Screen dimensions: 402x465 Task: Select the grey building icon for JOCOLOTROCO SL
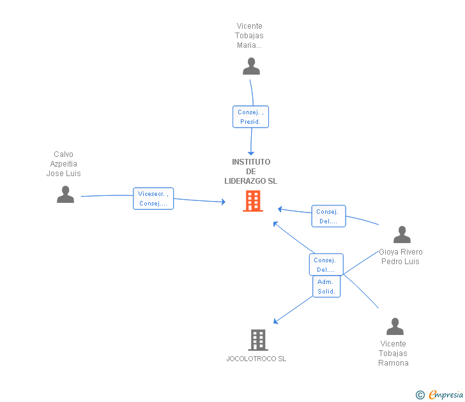tap(257, 340)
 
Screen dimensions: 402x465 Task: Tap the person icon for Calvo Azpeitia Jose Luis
tap(65, 195)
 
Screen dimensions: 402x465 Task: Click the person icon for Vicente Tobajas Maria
tap(251, 66)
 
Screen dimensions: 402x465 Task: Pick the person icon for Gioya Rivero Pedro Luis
tap(402, 235)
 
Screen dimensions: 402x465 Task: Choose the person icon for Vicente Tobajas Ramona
tap(395, 327)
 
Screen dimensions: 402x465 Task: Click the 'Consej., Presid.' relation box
tap(250, 117)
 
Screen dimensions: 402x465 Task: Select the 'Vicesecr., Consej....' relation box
tap(153, 198)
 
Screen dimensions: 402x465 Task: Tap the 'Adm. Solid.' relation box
tap(326, 287)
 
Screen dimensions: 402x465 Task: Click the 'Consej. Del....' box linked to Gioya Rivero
tap(328, 216)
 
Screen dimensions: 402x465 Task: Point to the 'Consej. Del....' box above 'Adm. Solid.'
tap(326, 265)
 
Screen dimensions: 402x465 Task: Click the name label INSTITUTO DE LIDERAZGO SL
tap(251, 172)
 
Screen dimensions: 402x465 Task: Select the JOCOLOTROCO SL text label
tap(256, 359)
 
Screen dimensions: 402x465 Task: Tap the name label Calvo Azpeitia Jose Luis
tap(64, 164)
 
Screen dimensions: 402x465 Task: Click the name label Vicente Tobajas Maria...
tap(249, 36)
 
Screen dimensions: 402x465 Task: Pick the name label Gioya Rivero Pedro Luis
tap(400, 257)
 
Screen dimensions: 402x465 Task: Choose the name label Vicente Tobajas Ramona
tap(393, 354)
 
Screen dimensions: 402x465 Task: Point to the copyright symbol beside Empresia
tap(420, 395)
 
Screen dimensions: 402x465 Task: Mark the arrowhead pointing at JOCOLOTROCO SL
tap(275, 322)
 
